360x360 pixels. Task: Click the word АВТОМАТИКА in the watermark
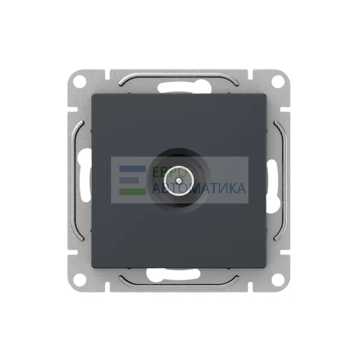(x=199, y=188)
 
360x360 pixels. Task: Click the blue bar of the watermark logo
(x=133, y=169)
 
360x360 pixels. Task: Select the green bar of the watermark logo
(x=133, y=192)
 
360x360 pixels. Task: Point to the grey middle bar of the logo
(x=129, y=180)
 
